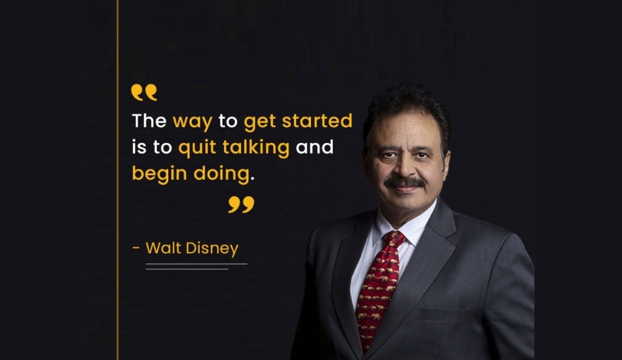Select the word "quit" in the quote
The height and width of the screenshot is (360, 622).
197,148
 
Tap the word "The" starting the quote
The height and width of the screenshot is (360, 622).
149,122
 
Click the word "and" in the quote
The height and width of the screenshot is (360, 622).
314,148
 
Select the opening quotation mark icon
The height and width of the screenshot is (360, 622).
144,93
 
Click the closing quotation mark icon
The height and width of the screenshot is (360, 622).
241,204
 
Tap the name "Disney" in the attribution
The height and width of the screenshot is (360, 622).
211,249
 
